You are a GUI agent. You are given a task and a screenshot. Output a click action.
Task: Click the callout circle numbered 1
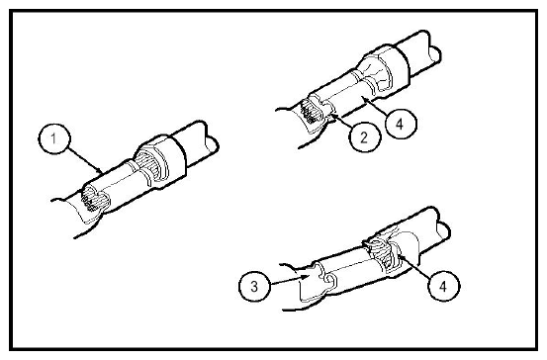[54, 138]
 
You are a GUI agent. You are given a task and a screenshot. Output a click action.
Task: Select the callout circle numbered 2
[365, 137]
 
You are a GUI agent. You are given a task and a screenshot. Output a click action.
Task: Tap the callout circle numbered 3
[254, 287]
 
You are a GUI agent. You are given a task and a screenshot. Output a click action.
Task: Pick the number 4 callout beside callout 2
[401, 124]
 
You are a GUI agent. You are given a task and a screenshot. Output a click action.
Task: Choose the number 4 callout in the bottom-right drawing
[443, 287]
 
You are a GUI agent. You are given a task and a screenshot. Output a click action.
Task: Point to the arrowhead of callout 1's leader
[100, 171]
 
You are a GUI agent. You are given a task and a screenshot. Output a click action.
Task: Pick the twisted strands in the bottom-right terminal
[382, 252]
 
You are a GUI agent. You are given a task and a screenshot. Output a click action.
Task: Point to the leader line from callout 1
[84, 160]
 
